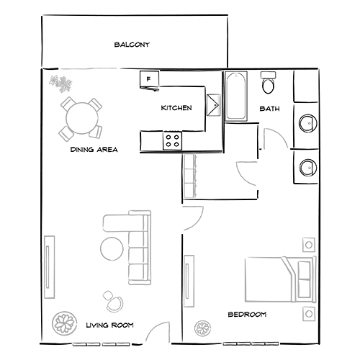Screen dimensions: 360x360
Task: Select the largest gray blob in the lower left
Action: [x=119, y=238]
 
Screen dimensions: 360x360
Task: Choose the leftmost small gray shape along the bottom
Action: [x=65, y=317]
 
